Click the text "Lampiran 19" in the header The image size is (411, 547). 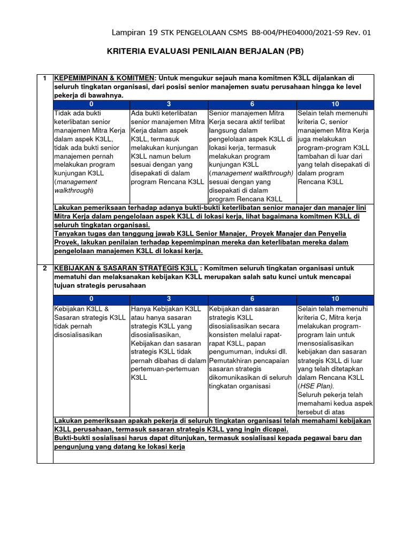pos(134,33)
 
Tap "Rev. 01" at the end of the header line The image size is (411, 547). pos(357,33)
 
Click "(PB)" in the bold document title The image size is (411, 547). pos(299,52)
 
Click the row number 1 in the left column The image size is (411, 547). pos(45,79)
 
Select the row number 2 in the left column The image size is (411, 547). pos(45,268)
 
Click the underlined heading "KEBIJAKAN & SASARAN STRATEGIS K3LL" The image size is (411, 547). pos(126,268)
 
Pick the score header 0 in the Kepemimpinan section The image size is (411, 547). pos(92,104)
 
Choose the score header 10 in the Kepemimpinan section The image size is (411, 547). pos(335,104)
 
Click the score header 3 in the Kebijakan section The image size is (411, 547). pos(169,299)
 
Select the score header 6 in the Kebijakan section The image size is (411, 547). pos(252,299)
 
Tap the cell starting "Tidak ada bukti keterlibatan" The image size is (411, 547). pos(91,152)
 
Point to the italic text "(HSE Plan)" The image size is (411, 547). pos(316,386)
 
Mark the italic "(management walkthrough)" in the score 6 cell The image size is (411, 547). pos(252,173)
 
